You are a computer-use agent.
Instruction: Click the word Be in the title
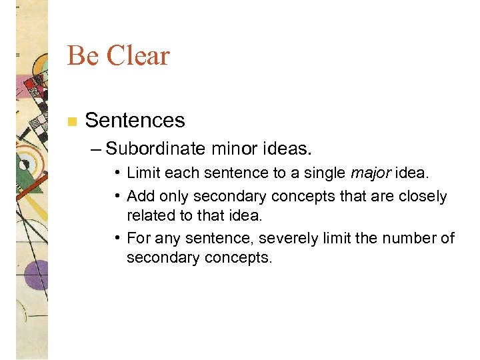pyautogui.click(x=83, y=56)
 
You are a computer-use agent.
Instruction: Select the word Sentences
pyautogui.click(x=135, y=121)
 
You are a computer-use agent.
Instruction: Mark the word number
pyautogui.click(x=412, y=238)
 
